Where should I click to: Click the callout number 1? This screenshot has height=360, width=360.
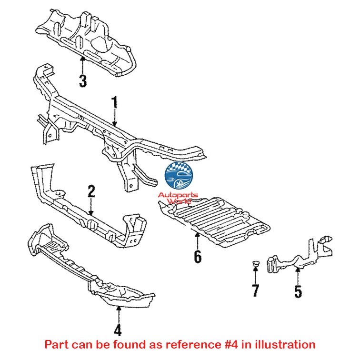tap(114, 103)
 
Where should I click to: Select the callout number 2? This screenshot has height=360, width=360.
tap(91, 192)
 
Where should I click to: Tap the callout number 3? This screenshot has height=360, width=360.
tap(83, 81)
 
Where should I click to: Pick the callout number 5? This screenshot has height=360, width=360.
tap(298, 290)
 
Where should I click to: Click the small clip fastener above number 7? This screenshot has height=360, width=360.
tap(255, 263)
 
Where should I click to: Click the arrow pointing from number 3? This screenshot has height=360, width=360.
tap(83, 64)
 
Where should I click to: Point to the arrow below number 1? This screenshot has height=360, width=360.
tap(114, 119)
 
